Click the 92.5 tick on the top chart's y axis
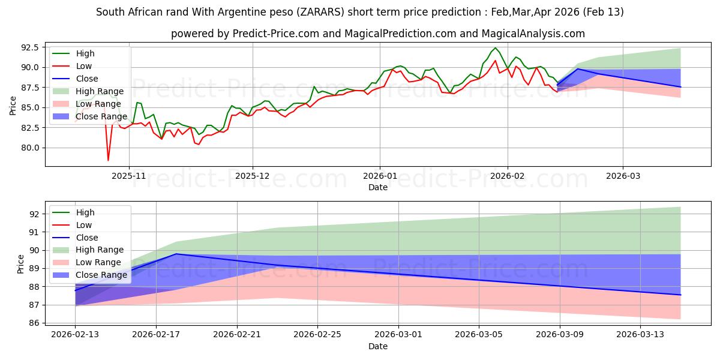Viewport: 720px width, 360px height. tap(30, 47)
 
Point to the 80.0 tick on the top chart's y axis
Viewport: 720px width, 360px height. tap(30, 148)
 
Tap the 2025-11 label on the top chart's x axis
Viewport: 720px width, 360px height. tap(129, 176)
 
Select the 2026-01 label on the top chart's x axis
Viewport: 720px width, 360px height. tap(379, 176)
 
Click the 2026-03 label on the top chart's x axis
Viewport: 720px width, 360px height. tap(623, 176)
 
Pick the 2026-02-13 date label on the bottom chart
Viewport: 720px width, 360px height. tap(75, 335)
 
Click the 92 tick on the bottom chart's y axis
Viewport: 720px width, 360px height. tap(35, 214)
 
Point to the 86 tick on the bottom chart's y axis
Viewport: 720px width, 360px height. tap(35, 323)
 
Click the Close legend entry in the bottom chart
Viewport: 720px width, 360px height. tap(87, 238)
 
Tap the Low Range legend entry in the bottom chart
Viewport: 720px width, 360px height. tap(100, 262)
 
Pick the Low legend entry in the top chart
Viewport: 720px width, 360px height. tap(85, 66)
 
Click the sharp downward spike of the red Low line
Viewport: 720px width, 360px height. tap(108, 160)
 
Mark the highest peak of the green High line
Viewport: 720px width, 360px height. tap(495, 48)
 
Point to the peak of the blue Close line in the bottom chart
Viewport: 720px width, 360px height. tap(176, 254)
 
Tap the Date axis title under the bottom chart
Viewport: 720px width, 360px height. tap(378, 347)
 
